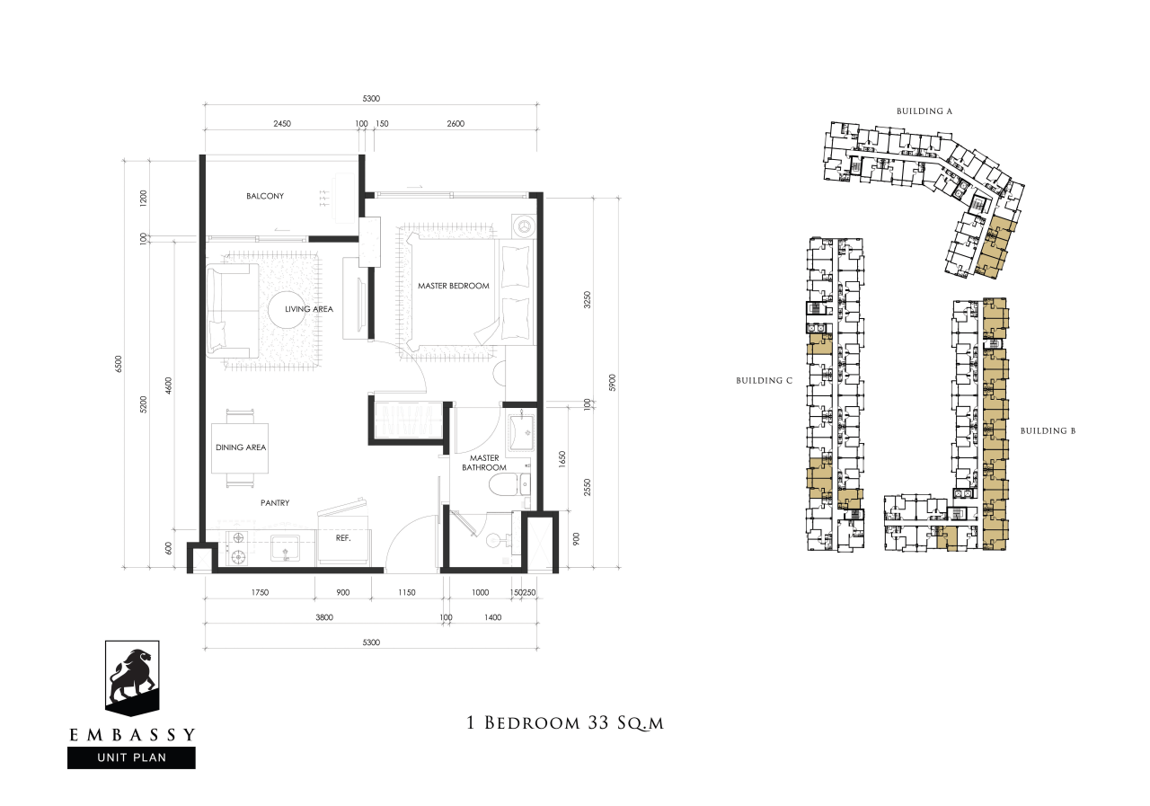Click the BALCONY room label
265,196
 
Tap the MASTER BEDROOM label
454,286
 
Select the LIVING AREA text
309,309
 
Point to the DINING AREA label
241,447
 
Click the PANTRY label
275,503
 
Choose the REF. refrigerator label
343,538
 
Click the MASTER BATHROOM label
484,463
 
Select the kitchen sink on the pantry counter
286,549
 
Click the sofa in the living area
232,311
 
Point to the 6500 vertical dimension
119,364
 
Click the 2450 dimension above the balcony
282,124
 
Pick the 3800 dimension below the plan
324,617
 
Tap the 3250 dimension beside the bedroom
588,300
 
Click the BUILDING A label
924,111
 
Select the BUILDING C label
764,380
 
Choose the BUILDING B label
1048,430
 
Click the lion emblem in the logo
131,677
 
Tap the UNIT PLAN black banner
131,757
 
